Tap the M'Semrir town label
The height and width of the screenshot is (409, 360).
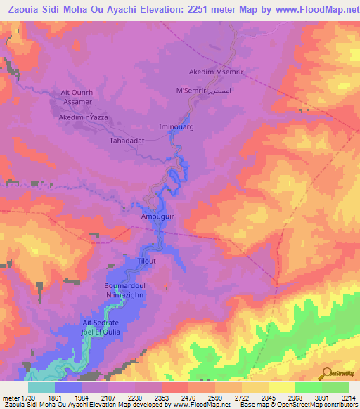(190, 91)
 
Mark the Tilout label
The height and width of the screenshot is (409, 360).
(146, 261)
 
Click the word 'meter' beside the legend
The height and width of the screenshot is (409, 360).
(10, 398)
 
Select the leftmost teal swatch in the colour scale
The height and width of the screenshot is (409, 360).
(41, 387)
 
